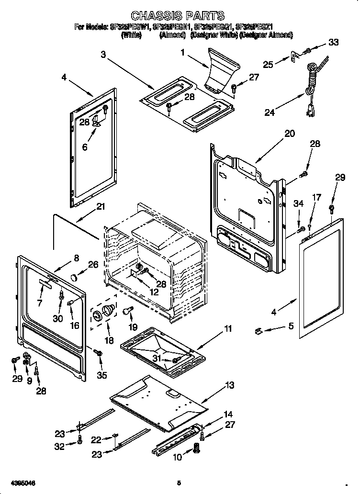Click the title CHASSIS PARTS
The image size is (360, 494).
[178, 16]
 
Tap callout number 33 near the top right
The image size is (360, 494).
[333, 43]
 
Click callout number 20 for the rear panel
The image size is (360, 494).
[290, 134]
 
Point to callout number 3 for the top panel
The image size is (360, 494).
[103, 55]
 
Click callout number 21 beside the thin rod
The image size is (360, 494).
[100, 207]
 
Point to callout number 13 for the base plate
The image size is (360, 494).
[230, 385]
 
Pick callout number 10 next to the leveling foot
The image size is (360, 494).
[177, 457]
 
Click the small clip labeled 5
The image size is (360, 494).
[258, 330]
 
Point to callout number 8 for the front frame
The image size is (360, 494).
[76, 258]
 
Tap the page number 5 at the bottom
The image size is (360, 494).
[179, 483]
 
